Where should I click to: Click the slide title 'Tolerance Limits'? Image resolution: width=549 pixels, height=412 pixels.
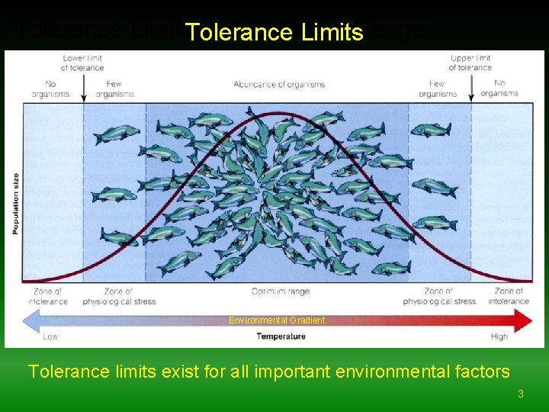[274, 32]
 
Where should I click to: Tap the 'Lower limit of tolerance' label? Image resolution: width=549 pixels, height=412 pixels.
[82, 63]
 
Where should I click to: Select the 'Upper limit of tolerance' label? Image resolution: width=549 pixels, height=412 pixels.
[470, 63]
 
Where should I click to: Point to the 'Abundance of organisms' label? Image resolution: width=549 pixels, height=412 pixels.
[279, 84]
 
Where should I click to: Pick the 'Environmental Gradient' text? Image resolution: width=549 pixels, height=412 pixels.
[277, 320]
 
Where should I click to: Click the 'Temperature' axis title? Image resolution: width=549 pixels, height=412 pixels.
[281, 336]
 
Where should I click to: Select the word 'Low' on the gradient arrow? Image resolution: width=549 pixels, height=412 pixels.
[50, 336]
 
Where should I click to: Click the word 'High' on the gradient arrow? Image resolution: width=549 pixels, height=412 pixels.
[499, 336]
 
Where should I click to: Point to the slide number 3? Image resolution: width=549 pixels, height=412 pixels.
[521, 394]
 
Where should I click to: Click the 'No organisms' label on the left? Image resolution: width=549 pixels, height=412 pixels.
[50, 89]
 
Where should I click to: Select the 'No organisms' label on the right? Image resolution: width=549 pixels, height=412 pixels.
[499, 89]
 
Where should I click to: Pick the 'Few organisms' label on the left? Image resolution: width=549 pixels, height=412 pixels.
[115, 89]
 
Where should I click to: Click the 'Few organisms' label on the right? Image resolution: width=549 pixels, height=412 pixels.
[437, 89]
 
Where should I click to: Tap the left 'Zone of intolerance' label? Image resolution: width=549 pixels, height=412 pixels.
[48, 296]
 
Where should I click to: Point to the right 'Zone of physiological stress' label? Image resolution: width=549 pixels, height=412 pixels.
[439, 296]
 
